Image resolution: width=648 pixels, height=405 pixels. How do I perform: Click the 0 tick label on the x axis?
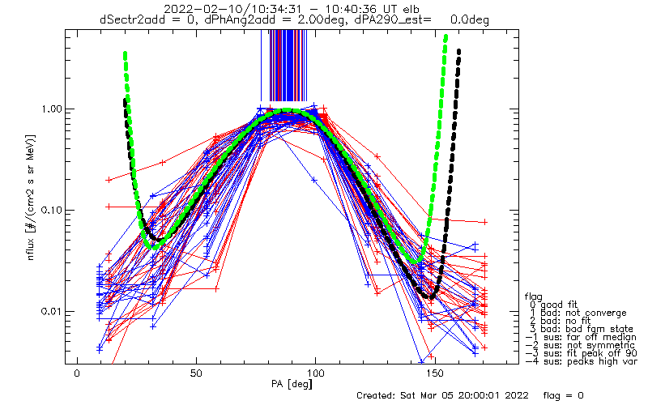tap(77, 373)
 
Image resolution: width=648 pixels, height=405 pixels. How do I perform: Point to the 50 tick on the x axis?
tap(196, 373)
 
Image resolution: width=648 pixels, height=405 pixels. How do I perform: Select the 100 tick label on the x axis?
tap(315, 373)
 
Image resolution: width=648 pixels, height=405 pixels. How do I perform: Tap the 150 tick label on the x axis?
tap(435, 373)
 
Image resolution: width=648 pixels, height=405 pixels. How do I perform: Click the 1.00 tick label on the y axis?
tap(52, 109)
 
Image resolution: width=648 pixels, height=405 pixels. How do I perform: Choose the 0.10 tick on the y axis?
tap(52, 211)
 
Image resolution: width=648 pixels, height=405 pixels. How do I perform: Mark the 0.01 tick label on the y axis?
tap(52, 311)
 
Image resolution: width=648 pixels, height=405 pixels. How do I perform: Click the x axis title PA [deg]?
tap(292, 384)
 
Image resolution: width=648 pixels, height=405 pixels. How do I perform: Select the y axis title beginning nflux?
tap(31, 198)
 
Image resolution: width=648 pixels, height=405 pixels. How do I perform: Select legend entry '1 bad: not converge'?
tap(578, 313)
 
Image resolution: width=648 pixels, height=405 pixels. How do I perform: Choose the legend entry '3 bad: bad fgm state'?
tap(582, 329)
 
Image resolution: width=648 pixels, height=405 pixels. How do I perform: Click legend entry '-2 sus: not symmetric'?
tap(580, 345)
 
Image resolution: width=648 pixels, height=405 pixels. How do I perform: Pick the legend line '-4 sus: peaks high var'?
tap(581, 361)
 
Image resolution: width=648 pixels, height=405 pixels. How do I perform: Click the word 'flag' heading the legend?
tap(534, 296)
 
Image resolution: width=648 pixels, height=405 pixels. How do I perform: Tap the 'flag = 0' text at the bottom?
tap(563, 395)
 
